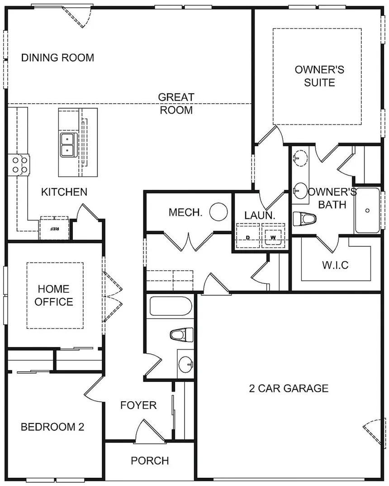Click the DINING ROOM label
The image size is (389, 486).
click(57, 58)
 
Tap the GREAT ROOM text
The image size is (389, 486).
click(176, 104)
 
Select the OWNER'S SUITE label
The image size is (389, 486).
click(319, 76)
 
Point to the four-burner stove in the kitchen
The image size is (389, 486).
click(19, 164)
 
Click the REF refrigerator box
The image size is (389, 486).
click(54, 229)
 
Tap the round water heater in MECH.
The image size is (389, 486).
click(218, 212)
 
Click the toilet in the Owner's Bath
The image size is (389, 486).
click(304, 219)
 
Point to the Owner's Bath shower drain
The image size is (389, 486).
click(367, 211)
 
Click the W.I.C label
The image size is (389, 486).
click(335, 265)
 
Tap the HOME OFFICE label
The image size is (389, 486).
click(54, 295)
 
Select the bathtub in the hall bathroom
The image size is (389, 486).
click(171, 306)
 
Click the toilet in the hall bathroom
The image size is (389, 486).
click(182, 335)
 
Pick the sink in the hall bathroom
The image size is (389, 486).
click(186, 364)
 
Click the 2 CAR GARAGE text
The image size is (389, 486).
click(289, 388)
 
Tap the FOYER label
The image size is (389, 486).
click(138, 405)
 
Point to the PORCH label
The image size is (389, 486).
click(150, 461)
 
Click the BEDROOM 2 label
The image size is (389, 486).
click(52, 427)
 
